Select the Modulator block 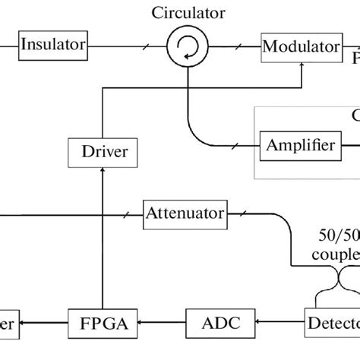tap(300, 46)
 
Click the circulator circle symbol tap(185, 46)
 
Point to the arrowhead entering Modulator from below tap(302, 64)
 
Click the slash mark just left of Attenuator tap(126, 213)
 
